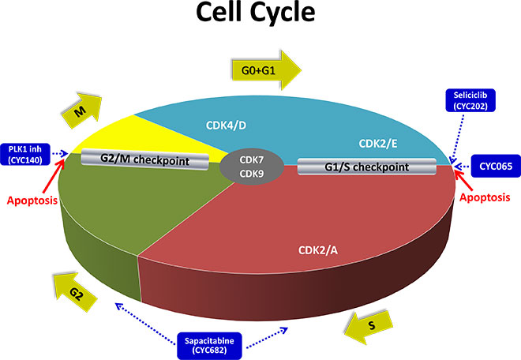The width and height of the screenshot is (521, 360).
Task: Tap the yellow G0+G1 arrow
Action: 265,70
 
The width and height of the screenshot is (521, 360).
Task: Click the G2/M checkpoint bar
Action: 144,161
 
